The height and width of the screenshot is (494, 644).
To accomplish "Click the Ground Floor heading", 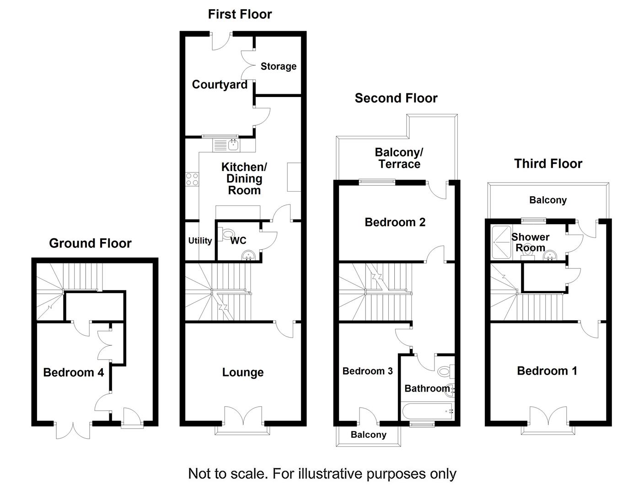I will pyautogui.click(x=90, y=243).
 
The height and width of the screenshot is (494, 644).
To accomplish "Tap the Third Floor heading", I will pyautogui.click(x=548, y=164).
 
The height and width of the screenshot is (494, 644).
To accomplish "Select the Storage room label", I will pyautogui.click(x=278, y=66).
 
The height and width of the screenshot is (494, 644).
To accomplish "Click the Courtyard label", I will pyautogui.click(x=220, y=85).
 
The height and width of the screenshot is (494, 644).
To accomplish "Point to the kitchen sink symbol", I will pyautogui.click(x=233, y=145).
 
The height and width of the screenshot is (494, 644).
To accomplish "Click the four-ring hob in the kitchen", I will pyautogui.click(x=192, y=179).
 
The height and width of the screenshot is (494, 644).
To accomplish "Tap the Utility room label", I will pyautogui.click(x=200, y=241).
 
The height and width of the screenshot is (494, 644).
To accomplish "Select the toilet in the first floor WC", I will pyautogui.click(x=226, y=235).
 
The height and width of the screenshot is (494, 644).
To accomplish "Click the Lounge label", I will pyautogui.click(x=243, y=372).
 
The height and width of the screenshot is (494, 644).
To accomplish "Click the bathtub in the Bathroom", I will pyautogui.click(x=427, y=411).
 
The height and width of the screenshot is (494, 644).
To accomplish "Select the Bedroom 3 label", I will pyautogui.click(x=367, y=371).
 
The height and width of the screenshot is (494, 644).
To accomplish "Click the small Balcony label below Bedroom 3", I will pyautogui.click(x=368, y=435).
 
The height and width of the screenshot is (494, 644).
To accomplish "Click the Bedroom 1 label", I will pyautogui.click(x=547, y=371).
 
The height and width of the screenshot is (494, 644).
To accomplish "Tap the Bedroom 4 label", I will pyautogui.click(x=73, y=372).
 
